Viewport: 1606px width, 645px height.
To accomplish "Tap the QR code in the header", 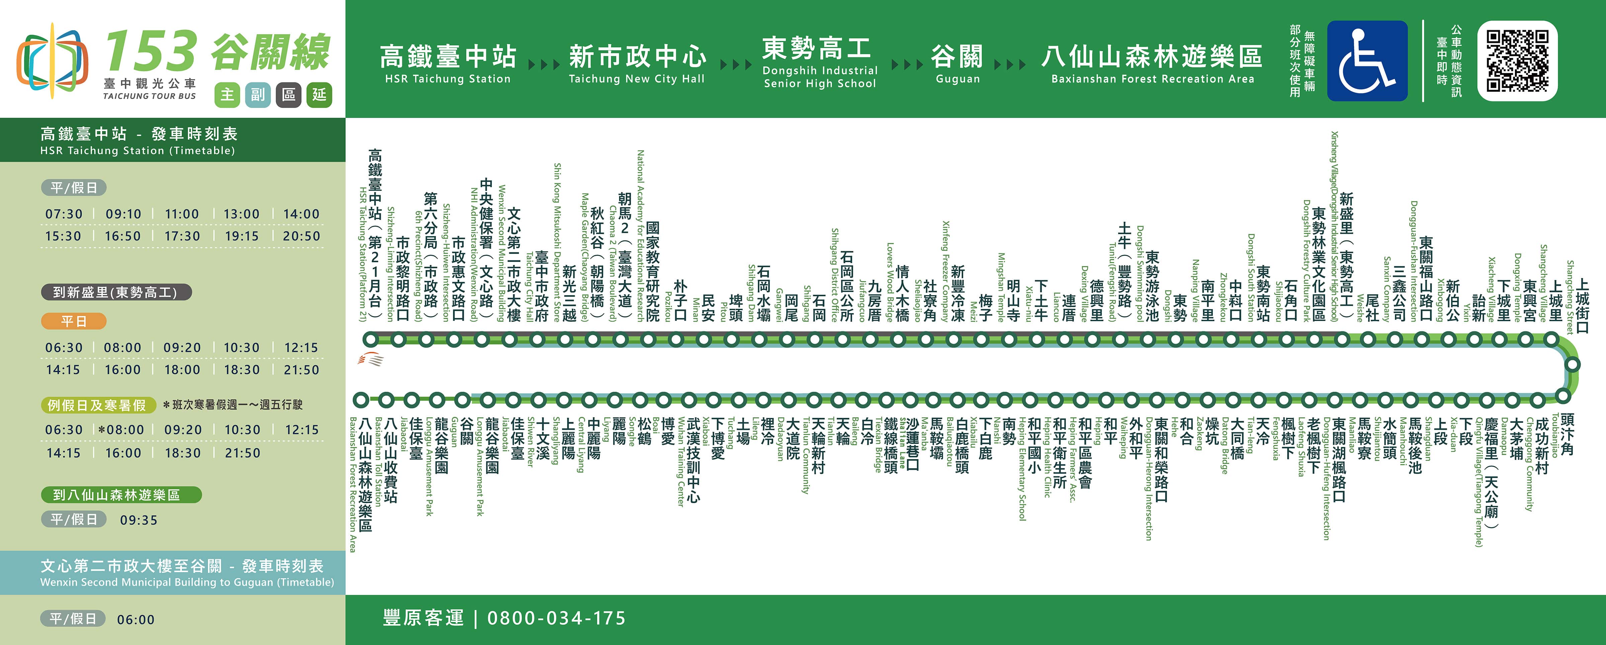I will pyautogui.click(x=1517, y=61).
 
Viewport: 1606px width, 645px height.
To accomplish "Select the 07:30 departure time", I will pyautogui.click(x=64, y=214).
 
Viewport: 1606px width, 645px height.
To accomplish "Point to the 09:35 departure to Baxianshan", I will pyautogui.click(x=139, y=520).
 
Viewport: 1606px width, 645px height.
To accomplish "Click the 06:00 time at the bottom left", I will pyautogui.click(x=135, y=620).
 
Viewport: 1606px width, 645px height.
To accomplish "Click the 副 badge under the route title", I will pyautogui.click(x=258, y=95).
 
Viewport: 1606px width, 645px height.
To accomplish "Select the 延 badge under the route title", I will pyautogui.click(x=319, y=95).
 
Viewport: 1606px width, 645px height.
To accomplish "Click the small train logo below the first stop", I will pyautogui.click(x=370, y=360).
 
